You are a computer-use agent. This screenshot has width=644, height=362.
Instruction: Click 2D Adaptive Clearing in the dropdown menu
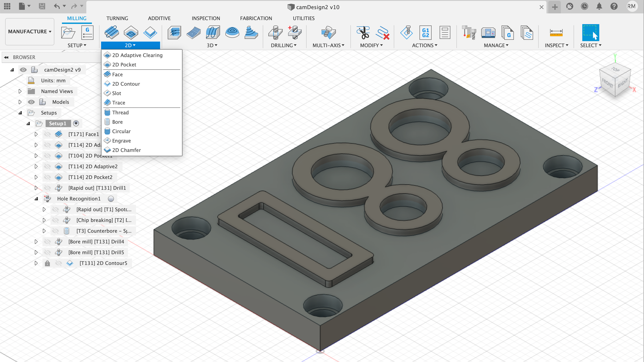click(x=137, y=55)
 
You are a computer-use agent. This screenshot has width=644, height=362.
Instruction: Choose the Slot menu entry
click(x=116, y=93)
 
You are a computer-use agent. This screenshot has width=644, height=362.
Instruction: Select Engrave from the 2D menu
click(x=121, y=141)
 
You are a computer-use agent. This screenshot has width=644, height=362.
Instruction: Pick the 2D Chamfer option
click(x=126, y=150)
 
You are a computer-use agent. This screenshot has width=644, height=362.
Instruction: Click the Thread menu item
click(x=120, y=113)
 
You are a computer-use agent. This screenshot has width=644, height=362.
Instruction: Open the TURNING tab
click(x=117, y=18)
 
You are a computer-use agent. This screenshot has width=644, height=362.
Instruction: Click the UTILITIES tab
click(x=303, y=18)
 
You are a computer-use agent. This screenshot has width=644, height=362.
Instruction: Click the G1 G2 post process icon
click(x=425, y=33)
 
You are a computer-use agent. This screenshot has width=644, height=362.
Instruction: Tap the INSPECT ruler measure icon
click(x=556, y=33)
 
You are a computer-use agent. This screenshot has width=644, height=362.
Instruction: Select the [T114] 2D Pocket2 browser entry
click(x=90, y=177)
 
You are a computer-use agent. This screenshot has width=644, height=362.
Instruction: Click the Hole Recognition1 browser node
click(x=79, y=199)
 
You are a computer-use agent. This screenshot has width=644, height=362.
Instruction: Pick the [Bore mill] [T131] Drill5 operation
click(x=96, y=252)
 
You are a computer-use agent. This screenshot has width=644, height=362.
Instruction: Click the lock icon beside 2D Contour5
click(x=47, y=263)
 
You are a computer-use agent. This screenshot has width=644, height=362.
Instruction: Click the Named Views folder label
click(x=57, y=91)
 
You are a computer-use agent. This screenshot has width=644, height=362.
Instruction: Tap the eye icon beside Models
click(x=31, y=102)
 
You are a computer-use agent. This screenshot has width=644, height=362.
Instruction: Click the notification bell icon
click(x=599, y=6)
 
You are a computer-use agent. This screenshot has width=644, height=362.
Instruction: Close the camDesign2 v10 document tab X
click(x=541, y=7)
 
